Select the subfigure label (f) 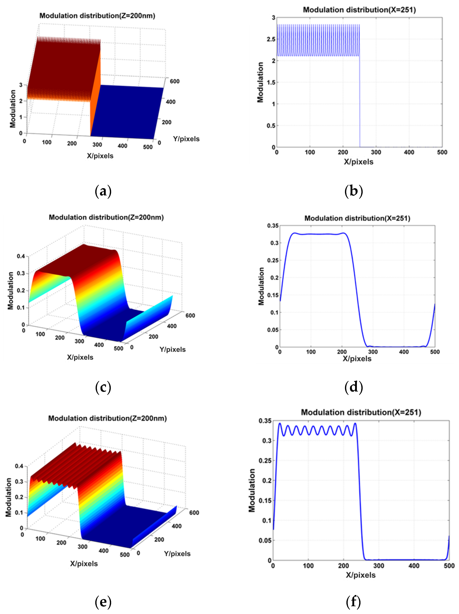coord(353,602)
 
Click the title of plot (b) coord(359,10)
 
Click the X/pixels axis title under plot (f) coord(360,575)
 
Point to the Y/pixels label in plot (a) coord(186,139)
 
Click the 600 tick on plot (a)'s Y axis coord(174,81)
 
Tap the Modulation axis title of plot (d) coord(261,286)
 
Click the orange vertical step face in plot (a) coord(95,92)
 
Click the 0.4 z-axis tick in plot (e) coord(19,466)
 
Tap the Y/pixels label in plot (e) coord(177,554)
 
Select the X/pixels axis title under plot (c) coord(80,357)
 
